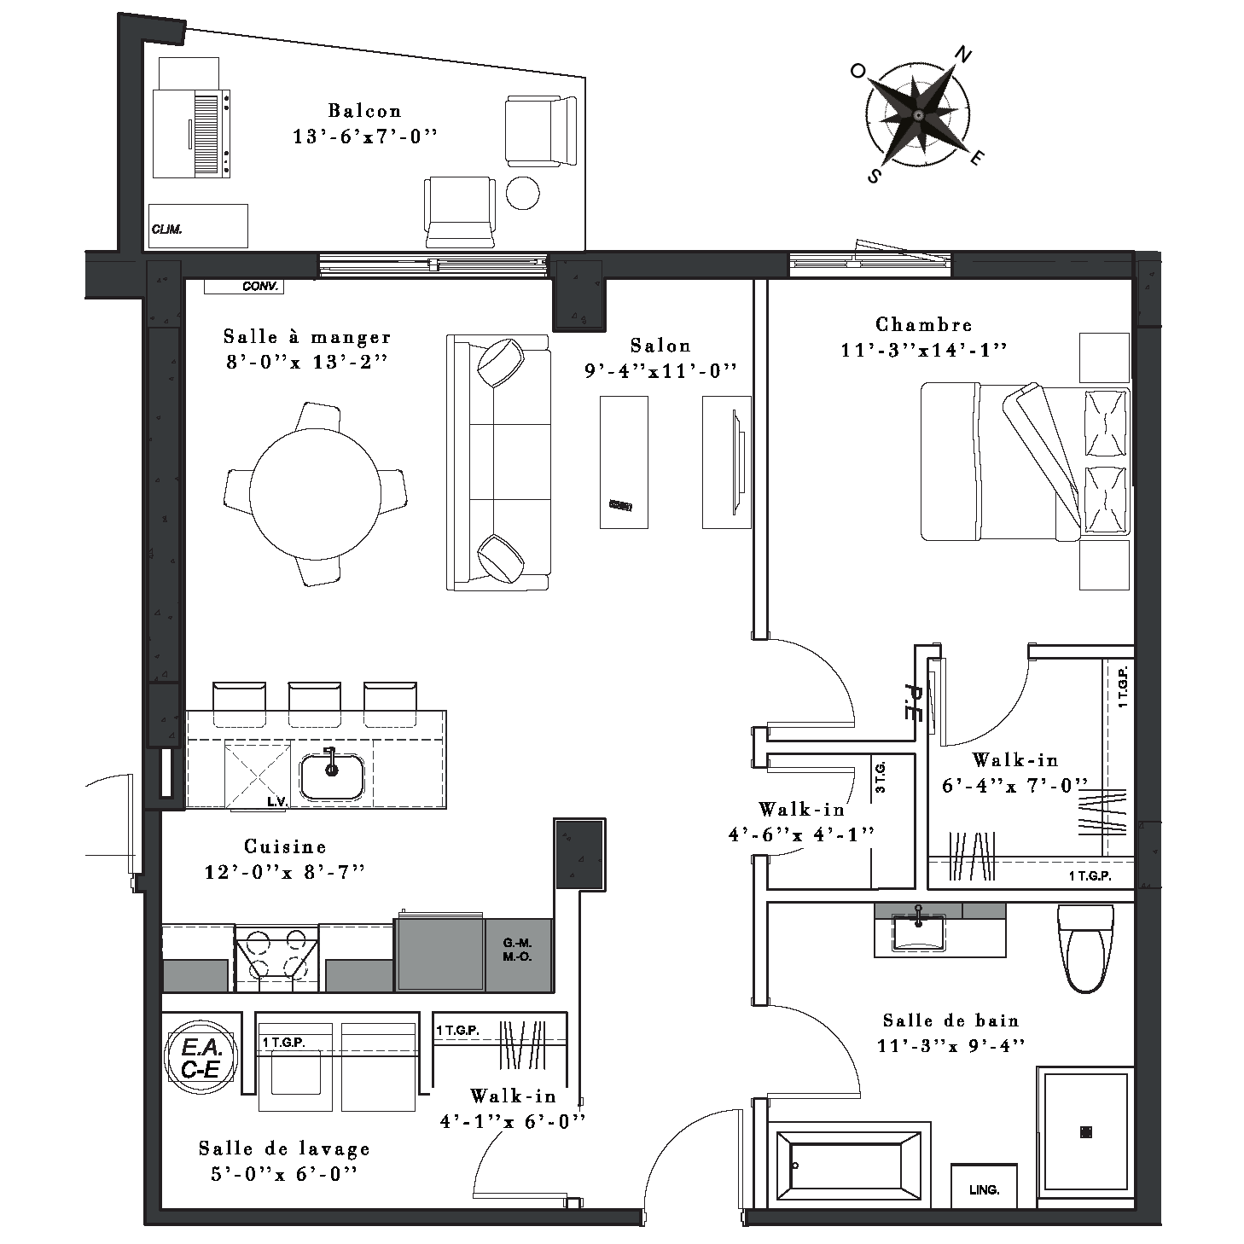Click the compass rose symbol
(917, 115)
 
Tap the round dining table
(315, 494)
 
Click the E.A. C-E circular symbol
(201, 1058)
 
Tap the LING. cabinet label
(984, 1189)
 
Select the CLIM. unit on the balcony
(198, 226)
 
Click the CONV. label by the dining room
(260, 286)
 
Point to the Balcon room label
(364, 111)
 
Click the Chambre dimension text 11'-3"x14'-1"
(924, 350)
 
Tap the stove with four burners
(277, 958)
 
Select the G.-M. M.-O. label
(517, 950)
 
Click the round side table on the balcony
(522, 193)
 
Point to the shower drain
(1086, 1131)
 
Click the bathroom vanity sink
(918, 933)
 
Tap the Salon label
(660, 346)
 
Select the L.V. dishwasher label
(277, 802)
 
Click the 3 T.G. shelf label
(881, 776)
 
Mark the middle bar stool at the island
(314, 704)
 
